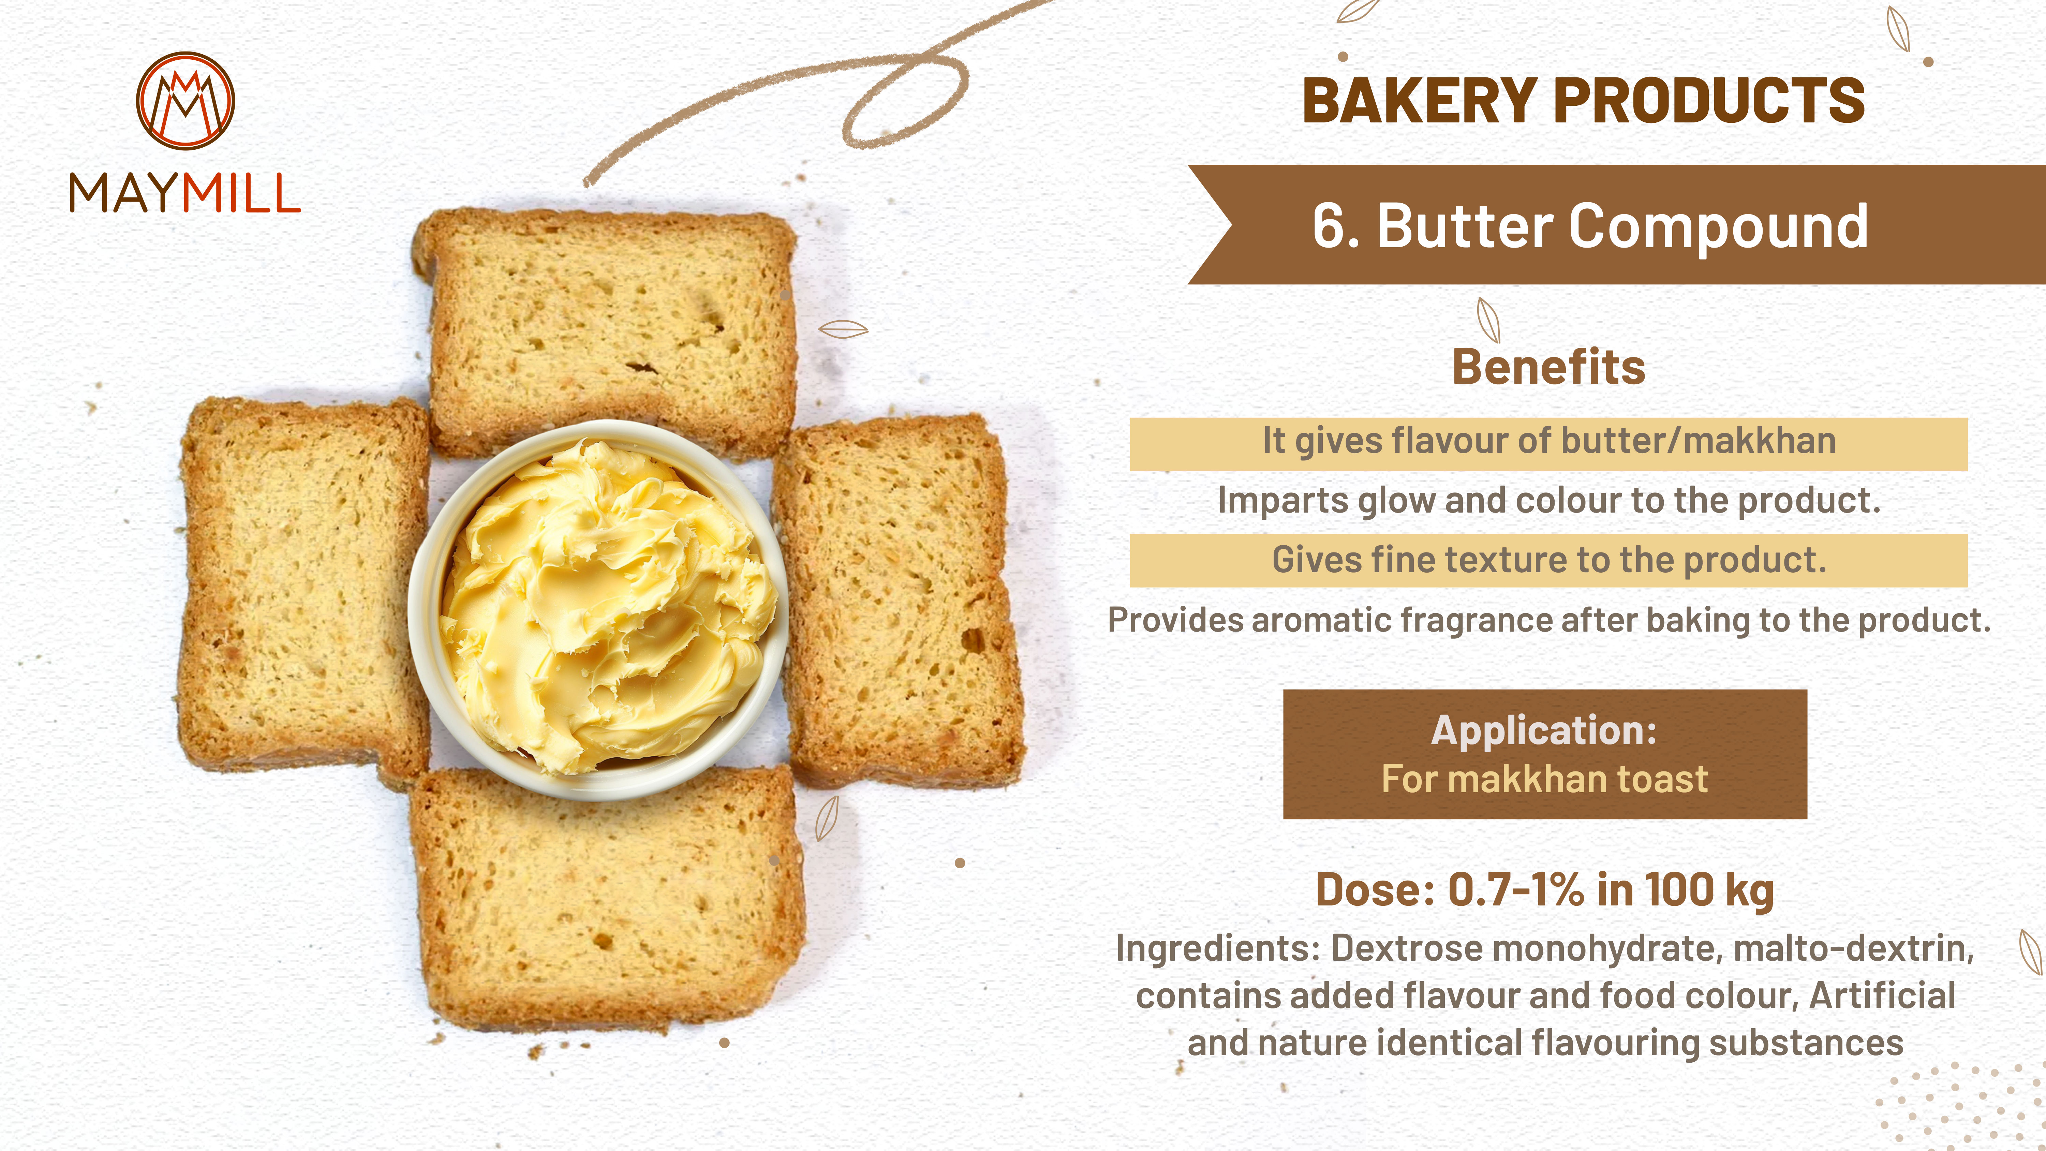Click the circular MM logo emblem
[x=185, y=101]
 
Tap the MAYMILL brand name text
[x=185, y=194]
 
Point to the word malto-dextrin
[x=1853, y=948]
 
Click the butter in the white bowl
[x=608, y=608]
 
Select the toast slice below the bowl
[x=608, y=898]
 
